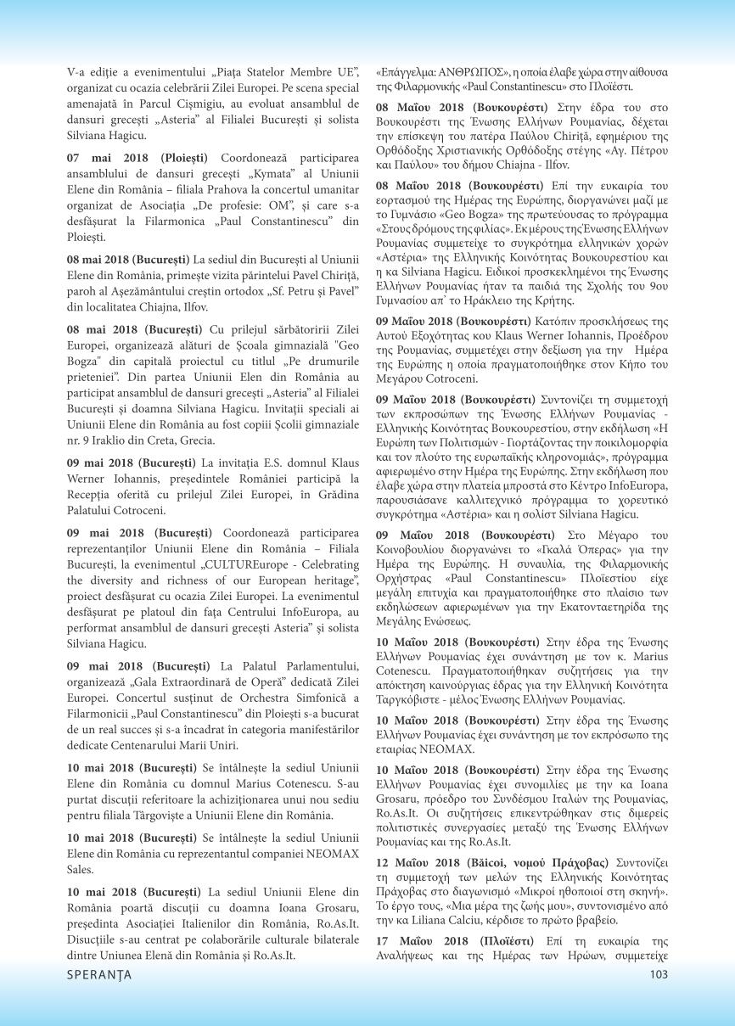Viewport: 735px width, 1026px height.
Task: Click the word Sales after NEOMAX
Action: tap(81, 870)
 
